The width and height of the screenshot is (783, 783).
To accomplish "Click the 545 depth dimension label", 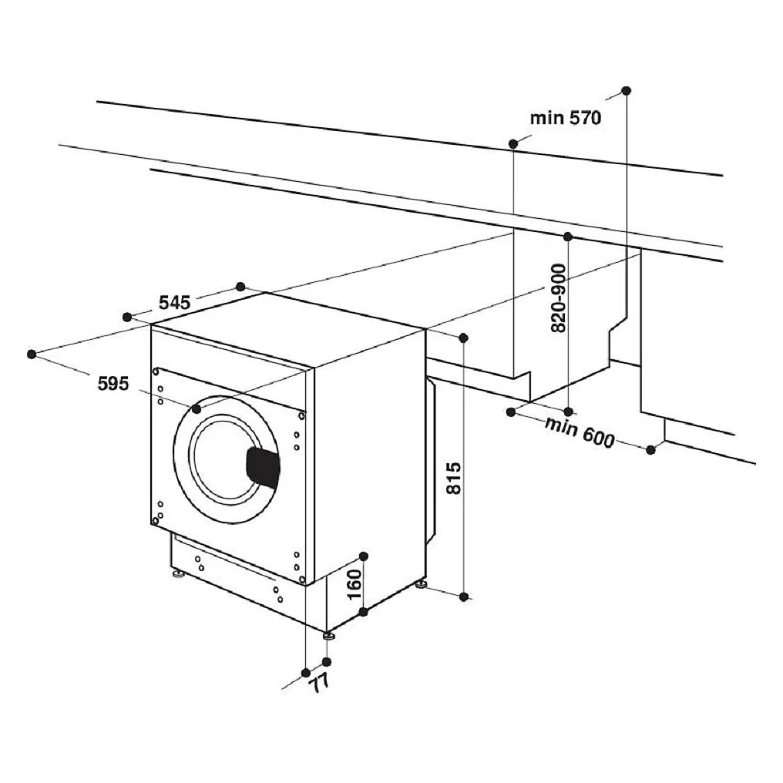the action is (x=175, y=303).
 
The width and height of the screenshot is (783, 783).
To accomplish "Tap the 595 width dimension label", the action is (x=113, y=384).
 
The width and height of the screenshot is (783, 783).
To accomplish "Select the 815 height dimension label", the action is (x=453, y=478).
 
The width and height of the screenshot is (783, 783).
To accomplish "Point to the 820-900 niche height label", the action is (x=558, y=298).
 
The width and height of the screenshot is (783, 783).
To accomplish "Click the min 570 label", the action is (x=566, y=119).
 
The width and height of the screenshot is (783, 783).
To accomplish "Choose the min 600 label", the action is (x=580, y=432).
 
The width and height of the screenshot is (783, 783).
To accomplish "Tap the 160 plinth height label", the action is (x=354, y=585).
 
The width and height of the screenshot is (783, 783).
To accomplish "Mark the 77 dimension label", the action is (x=320, y=681).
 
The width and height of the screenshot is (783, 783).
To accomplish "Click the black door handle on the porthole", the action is (x=263, y=468).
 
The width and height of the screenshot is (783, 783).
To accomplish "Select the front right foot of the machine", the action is (x=328, y=636).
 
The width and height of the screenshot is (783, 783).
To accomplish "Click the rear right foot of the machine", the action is (x=421, y=583).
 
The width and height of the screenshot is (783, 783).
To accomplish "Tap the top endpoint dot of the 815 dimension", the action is (x=463, y=338).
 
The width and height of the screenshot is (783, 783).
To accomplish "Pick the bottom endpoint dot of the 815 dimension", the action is (x=464, y=596).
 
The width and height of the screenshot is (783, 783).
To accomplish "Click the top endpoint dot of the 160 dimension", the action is (x=364, y=556).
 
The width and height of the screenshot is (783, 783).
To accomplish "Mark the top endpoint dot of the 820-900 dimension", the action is (x=568, y=236).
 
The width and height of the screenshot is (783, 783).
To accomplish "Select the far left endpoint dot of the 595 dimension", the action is (x=32, y=354).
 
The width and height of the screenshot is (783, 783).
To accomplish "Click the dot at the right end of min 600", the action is (x=650, y=450).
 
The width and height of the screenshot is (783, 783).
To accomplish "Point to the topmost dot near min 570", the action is (x=627, y=90).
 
